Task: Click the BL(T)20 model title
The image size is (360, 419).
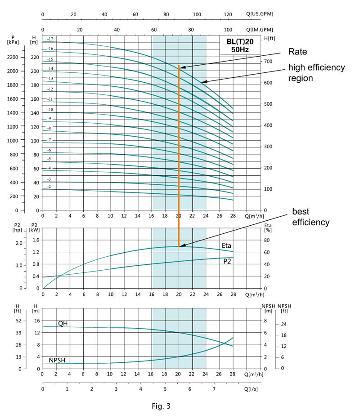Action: (240, 41)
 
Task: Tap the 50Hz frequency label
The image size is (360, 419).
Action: (240, 49)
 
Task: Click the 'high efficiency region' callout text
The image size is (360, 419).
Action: (316, 72)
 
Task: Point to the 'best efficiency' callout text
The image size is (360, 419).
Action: (311, 217)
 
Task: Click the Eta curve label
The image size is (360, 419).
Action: (226, 245)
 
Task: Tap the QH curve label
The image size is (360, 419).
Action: (63, 323)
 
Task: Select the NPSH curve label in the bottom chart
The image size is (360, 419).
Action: (58, 360)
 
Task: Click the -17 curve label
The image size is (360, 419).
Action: (50, 40)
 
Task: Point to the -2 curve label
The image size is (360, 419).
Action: (49, 186)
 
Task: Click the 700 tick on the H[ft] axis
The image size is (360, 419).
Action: (269, 61)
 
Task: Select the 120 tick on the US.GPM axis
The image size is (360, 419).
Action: (228, 14)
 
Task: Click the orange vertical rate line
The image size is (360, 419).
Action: (179, 157)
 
